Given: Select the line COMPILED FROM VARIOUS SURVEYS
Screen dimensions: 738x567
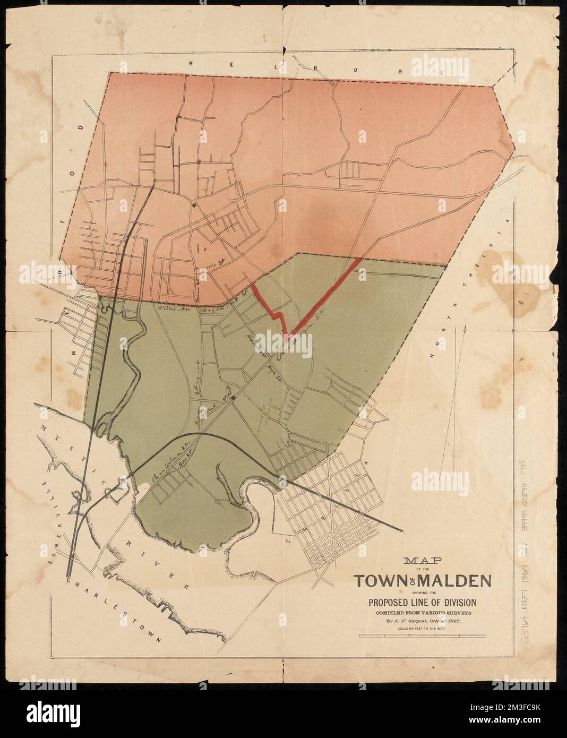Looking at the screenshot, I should coord(423,612).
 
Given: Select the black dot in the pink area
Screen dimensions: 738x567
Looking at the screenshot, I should coord(194,204).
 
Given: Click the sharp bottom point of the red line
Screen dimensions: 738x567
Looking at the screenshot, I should coord(287,336).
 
